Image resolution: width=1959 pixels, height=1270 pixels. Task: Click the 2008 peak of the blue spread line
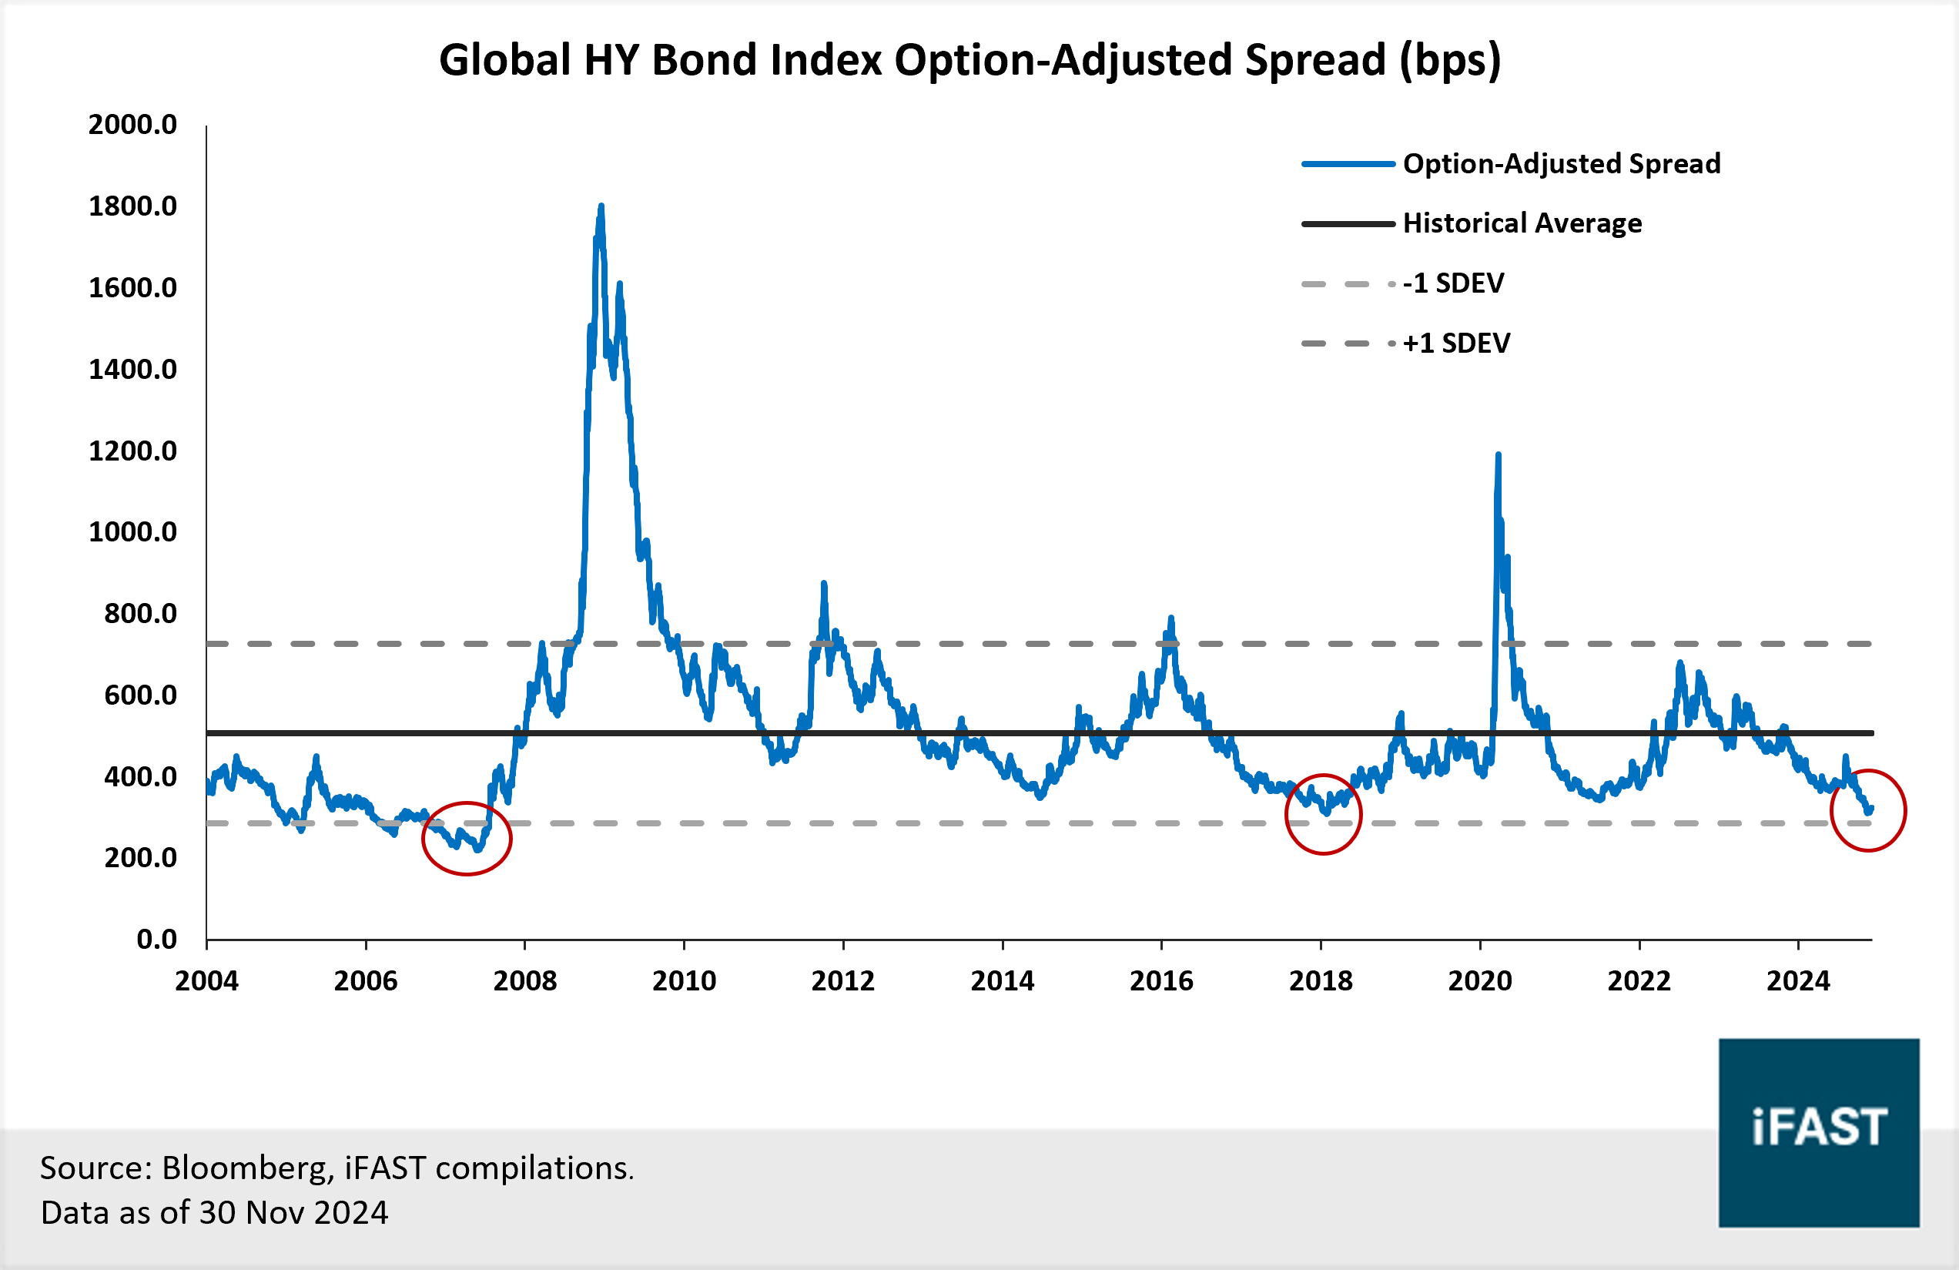601,206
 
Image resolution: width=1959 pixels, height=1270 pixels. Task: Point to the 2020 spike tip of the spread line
1498,455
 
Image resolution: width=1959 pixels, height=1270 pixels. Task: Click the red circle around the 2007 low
467,839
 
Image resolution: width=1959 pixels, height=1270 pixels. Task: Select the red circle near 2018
1324,815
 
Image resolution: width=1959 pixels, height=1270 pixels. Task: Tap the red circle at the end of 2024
1867,811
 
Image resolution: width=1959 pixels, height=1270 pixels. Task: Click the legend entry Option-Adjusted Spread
1562,164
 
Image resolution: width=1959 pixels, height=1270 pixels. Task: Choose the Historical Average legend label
1522,223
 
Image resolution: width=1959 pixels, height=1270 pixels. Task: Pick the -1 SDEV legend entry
1453,283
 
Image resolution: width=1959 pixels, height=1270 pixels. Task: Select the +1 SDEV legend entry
1456,343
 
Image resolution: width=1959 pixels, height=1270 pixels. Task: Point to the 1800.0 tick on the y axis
132,206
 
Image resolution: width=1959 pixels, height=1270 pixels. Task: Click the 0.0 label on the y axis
156,939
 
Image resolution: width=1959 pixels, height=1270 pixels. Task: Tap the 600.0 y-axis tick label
140,695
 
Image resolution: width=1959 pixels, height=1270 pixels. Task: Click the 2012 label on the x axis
843,981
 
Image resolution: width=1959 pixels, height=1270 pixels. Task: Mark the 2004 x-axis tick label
206,981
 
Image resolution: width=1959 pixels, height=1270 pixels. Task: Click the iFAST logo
1818,1133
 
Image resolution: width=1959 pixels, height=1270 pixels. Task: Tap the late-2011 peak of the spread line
824,585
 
